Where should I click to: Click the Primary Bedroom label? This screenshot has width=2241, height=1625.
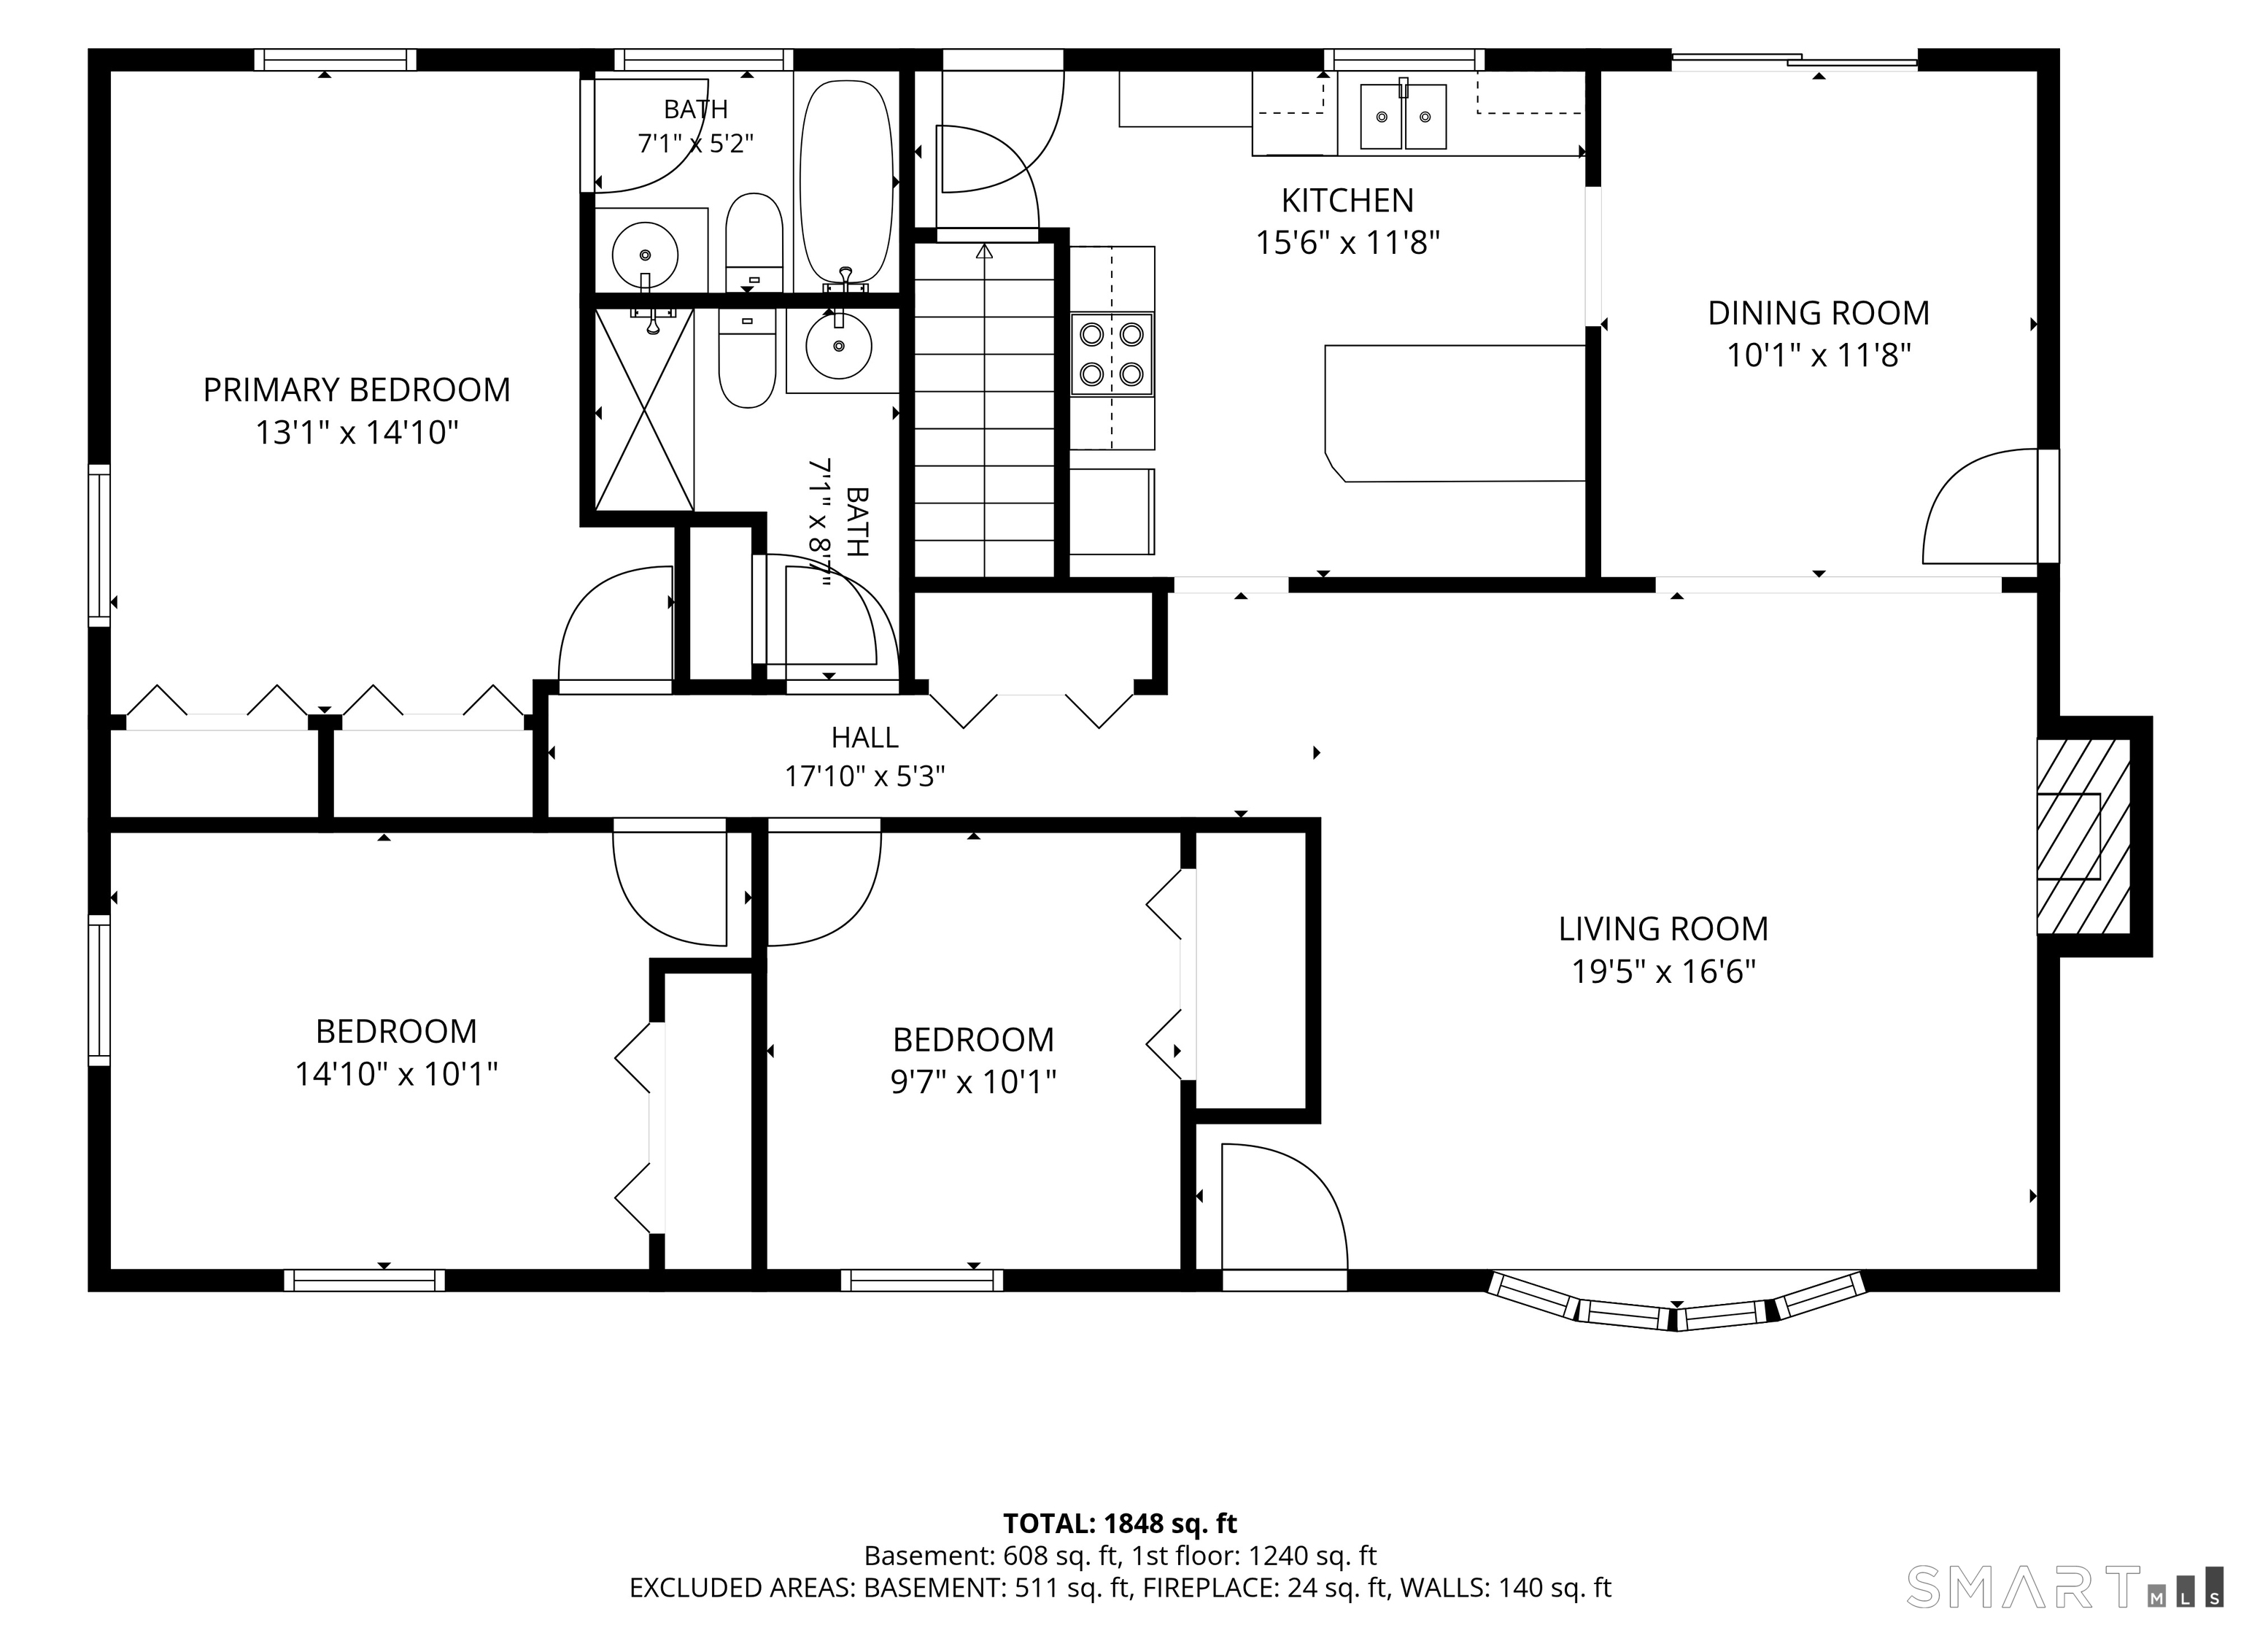pos(357,390)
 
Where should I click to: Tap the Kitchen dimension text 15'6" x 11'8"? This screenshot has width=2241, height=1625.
pos(1348,242)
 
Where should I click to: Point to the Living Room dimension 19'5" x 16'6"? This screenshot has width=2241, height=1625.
pos(1664,972)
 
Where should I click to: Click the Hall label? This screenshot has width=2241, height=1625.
pos(864,738)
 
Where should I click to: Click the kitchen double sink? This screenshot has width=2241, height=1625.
pos(1403,115)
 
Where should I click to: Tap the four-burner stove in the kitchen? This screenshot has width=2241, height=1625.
pos(1112,354)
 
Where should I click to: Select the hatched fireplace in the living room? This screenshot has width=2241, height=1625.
pos(2083,836)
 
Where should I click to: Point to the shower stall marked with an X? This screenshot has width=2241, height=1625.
pos(644,409)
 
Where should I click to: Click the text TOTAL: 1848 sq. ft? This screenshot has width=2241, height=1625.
pos(1120,1523)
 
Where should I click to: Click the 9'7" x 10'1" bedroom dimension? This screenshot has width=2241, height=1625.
pos(973,1082)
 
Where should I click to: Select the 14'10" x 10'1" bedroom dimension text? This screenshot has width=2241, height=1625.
pos(396,1074)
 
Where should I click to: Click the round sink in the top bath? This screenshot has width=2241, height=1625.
pos(645,254)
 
